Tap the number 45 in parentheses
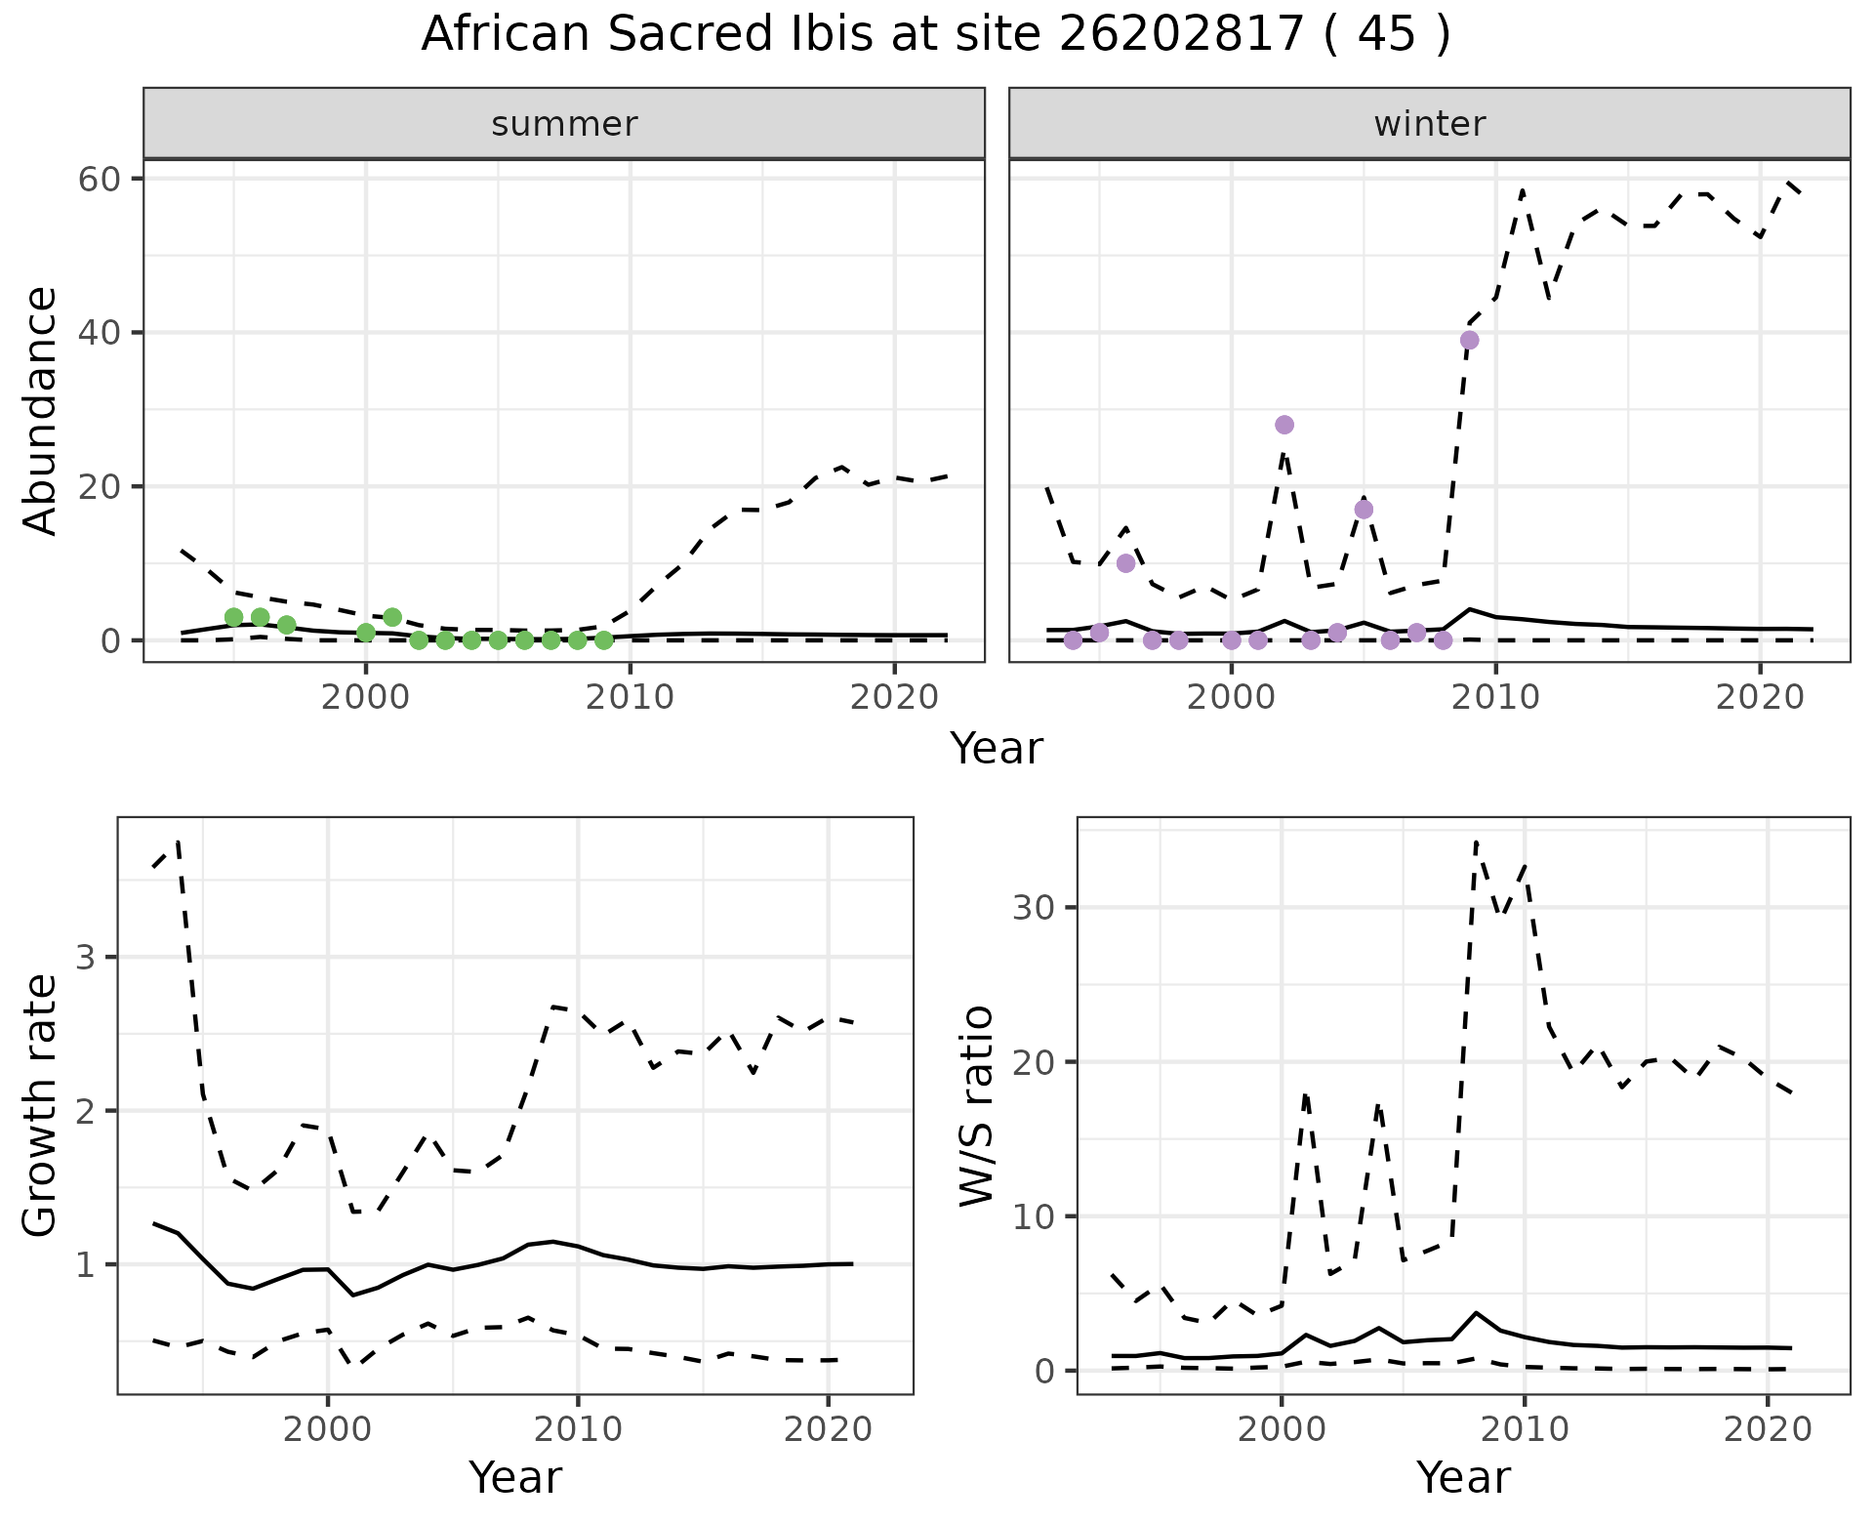click(1386, 35)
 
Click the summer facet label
click(564, 124)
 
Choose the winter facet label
click(1429, 124)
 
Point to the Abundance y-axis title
click(41, 410)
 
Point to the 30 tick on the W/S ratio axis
click(1035, 907)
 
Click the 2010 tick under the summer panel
click(631, 697)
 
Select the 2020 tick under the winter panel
click(1759, 697)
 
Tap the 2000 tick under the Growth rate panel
click(328, 1429)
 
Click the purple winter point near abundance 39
click(1469, 340)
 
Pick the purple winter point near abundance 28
click(1284, 425)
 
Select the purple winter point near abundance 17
click(1364, 510)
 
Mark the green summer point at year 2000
click(366, 633)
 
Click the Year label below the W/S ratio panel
click(1463, 1477)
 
